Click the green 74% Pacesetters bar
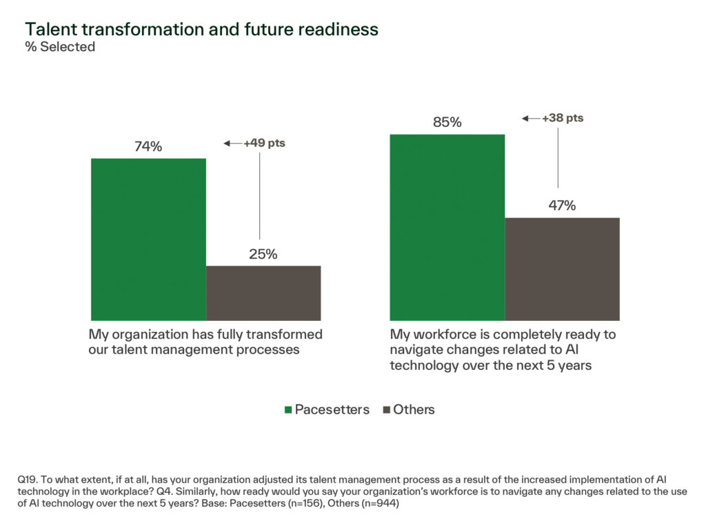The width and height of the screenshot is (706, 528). (x=148, y=239)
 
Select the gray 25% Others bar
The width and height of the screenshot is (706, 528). (x=263, y=293)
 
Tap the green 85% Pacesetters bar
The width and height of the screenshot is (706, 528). (x=447, y=227)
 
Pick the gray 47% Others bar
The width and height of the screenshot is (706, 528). (x=562, y=269)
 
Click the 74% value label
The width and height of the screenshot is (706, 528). (x=148, y=147)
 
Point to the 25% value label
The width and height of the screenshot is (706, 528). (x=263, y=254)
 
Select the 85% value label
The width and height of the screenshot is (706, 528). (x=447, y=122)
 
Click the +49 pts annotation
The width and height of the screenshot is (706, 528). (x=264, y=144)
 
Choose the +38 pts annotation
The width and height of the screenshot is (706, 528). (x=563, y=118)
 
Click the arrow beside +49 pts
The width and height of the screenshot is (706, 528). (x=232, y=144)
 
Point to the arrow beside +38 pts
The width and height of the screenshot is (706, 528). (x=531, y=119)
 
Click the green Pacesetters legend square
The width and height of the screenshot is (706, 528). (x=288, y=410)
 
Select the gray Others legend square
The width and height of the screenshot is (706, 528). (x=385, y=410)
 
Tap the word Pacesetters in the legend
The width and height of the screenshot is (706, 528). (x=332, y=409)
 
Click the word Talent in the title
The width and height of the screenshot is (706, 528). (x=49, y=29)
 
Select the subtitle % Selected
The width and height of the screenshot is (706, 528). (x=60, y=48)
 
